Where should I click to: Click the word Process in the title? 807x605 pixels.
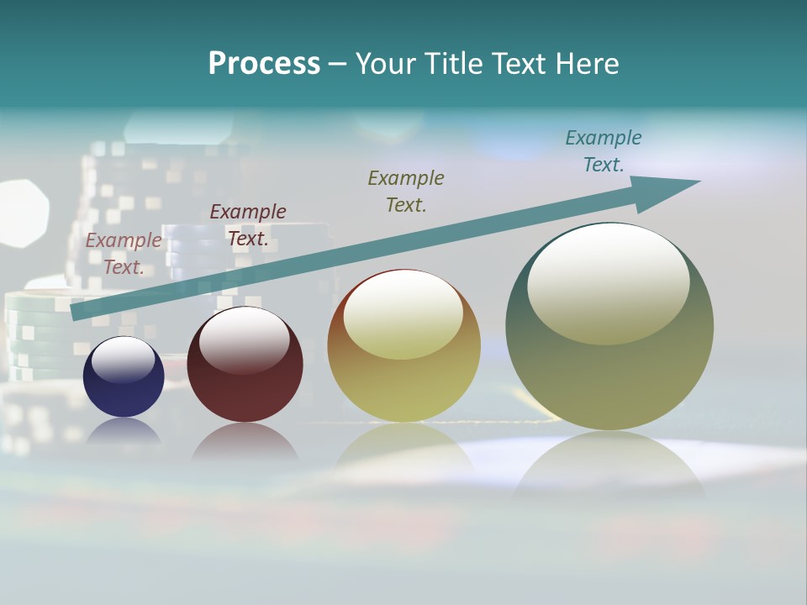click(264, 64)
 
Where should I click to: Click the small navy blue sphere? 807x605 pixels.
click(124, 376)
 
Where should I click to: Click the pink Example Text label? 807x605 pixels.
click(124, 254)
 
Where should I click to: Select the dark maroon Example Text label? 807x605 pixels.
click(248, 225)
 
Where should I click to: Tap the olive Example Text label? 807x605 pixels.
click(406, 191)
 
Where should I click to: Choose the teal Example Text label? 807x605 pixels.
click(604, 151)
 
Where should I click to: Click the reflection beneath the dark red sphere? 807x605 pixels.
click(245, 444)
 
